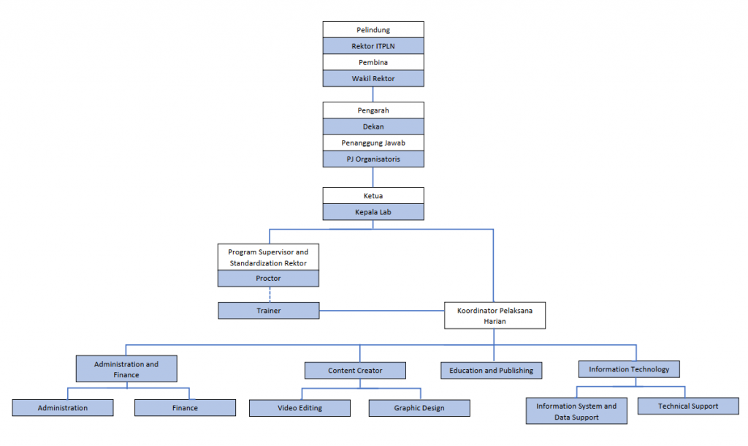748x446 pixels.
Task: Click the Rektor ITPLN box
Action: coord(373,46)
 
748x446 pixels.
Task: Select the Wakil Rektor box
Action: coord(373,78)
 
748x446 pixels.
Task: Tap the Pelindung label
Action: coord(373,30)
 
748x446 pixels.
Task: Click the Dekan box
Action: coord(373,126)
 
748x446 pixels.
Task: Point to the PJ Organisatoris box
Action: coord(373,159)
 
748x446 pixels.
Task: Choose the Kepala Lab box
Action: coord(373,211)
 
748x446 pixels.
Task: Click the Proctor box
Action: coord(268,279)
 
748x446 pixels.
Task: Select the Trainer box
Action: coord(268,311)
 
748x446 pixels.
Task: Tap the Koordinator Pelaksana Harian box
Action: coord(495,316)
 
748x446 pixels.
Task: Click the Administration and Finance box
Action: coord(126,368)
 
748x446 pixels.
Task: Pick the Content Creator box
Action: coord(355,371)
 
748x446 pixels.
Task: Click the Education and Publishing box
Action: coord(491,371)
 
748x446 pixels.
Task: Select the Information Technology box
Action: coord(629,369)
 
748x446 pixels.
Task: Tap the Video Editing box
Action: coord(299,408)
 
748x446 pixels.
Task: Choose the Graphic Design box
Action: coord(419,408)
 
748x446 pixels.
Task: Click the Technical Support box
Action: coord(687,406)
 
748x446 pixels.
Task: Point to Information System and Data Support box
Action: coord(576,411)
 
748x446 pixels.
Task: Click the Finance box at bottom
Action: coord(185,408)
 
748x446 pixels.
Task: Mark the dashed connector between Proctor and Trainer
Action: coord(269,295)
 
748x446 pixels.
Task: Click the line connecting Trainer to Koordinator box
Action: coord(382,311)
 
